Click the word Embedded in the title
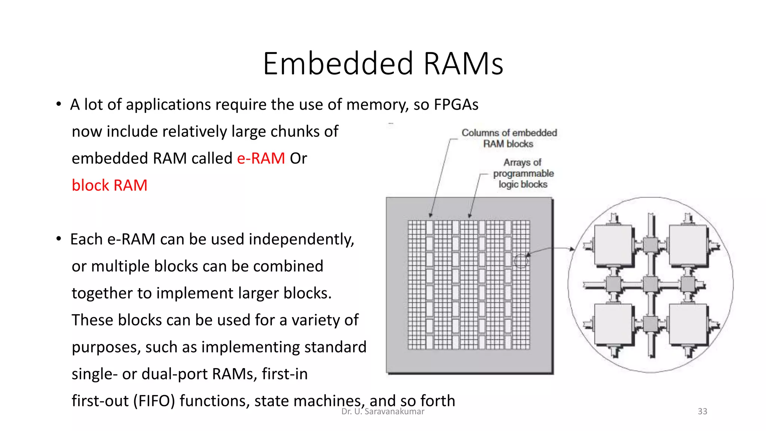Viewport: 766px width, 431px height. [338, 64]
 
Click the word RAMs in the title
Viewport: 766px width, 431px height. [463, 64]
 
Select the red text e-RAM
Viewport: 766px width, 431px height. [261, 159]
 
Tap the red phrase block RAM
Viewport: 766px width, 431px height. [110, 186]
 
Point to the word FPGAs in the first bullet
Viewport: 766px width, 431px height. [456, 105]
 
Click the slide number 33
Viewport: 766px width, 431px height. [702, 411]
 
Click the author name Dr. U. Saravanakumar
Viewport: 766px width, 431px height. [383, 411]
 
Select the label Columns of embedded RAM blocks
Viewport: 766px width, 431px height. [509, 138]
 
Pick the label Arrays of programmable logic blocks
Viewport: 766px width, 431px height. [523, 173]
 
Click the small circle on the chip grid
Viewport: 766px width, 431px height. [521, 261]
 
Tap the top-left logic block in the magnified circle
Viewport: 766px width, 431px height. [613, 245]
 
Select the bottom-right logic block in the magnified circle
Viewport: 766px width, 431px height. [687, 324]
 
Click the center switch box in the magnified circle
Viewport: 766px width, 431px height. [650, 285]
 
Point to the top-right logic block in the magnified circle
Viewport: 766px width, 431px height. [687, 245]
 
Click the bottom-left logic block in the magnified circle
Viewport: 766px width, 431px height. [613, 324]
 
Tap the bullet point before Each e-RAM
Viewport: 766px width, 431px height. [59, 239]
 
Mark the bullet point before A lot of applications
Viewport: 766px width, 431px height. [59, 104]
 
